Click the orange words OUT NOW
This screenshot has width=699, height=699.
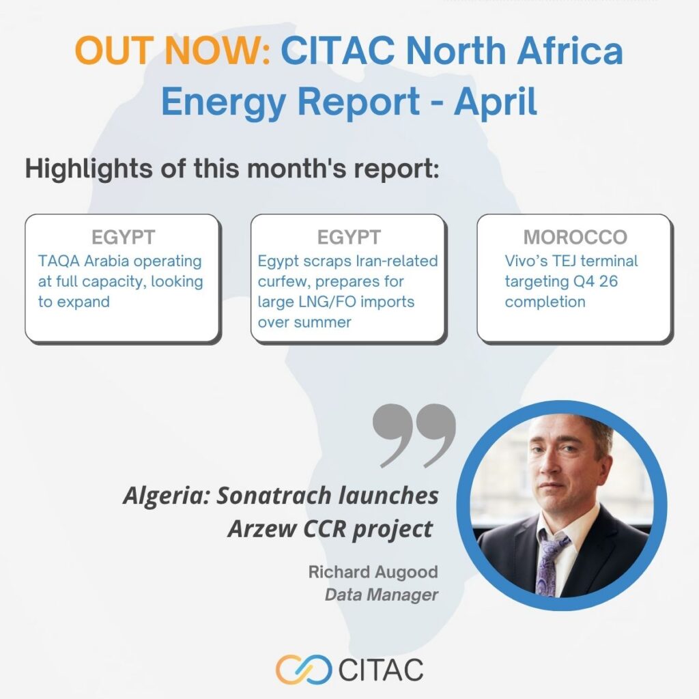point(173,50)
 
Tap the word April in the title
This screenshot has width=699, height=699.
point(496,102)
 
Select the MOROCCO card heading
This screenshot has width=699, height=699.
point(575,237)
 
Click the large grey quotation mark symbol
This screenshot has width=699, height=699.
point(414,436)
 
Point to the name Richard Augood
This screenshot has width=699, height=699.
point(373,572)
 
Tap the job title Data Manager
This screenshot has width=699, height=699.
point(382,595)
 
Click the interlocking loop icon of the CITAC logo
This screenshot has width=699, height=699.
point(304,669)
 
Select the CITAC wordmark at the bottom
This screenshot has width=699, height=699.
point(381,670)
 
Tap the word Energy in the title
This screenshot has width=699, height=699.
point(223,102)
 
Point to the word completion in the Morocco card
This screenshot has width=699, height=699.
point(545,302)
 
